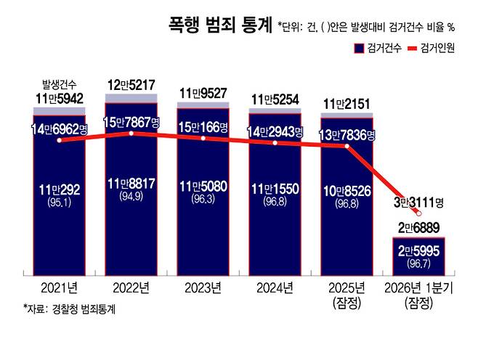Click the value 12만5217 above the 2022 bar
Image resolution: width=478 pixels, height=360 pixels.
[x=130, y=86]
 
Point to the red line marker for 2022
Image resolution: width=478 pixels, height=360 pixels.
[x=131, y=134]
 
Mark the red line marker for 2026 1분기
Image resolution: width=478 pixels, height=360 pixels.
[x=419, y=213]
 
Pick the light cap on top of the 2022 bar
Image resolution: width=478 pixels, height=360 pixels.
[x=131, y=99]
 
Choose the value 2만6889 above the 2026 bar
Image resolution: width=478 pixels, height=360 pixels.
[x=418, y=228]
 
